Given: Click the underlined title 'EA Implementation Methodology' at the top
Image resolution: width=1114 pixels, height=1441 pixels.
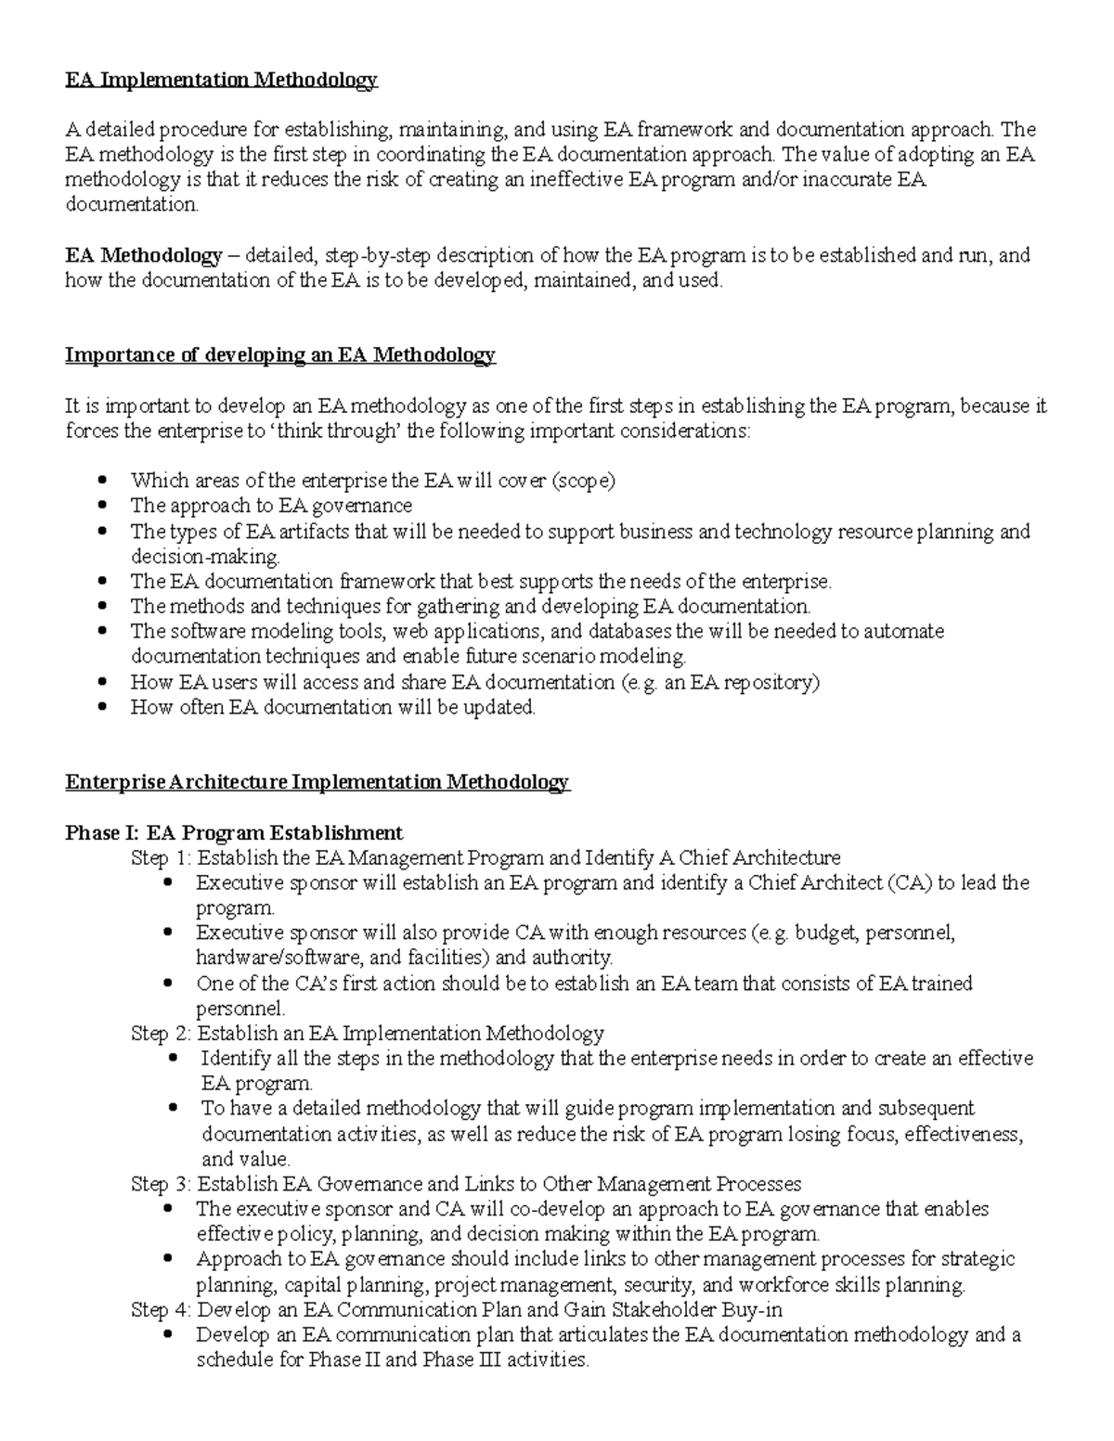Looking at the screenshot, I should (x=221, y=80).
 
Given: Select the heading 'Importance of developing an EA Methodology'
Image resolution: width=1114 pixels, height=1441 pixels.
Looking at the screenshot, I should (x=280, y=355).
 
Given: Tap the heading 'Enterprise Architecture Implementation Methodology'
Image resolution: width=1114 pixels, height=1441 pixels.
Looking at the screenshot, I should (x=317, y=782).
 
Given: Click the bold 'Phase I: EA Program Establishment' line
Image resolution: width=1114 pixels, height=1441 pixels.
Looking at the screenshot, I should (x=234, y=832).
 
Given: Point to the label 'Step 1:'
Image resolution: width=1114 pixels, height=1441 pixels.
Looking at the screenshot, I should (x=162, y=857).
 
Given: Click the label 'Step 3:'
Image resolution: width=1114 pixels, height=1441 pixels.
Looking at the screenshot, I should (x=162, y=1184).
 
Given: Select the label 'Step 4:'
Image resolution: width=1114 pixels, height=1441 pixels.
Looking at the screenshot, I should (x=162, y=1310).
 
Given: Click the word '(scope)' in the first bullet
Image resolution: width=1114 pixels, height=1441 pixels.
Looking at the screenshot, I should (x=583, y=481).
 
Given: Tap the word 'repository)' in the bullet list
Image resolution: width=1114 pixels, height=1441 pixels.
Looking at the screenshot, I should (x=774, y=683).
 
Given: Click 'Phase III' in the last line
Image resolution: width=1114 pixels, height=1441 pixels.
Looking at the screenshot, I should (x=459, y=1360).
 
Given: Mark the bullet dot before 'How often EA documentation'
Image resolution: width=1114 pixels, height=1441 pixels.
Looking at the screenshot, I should (x=103, y=708).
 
